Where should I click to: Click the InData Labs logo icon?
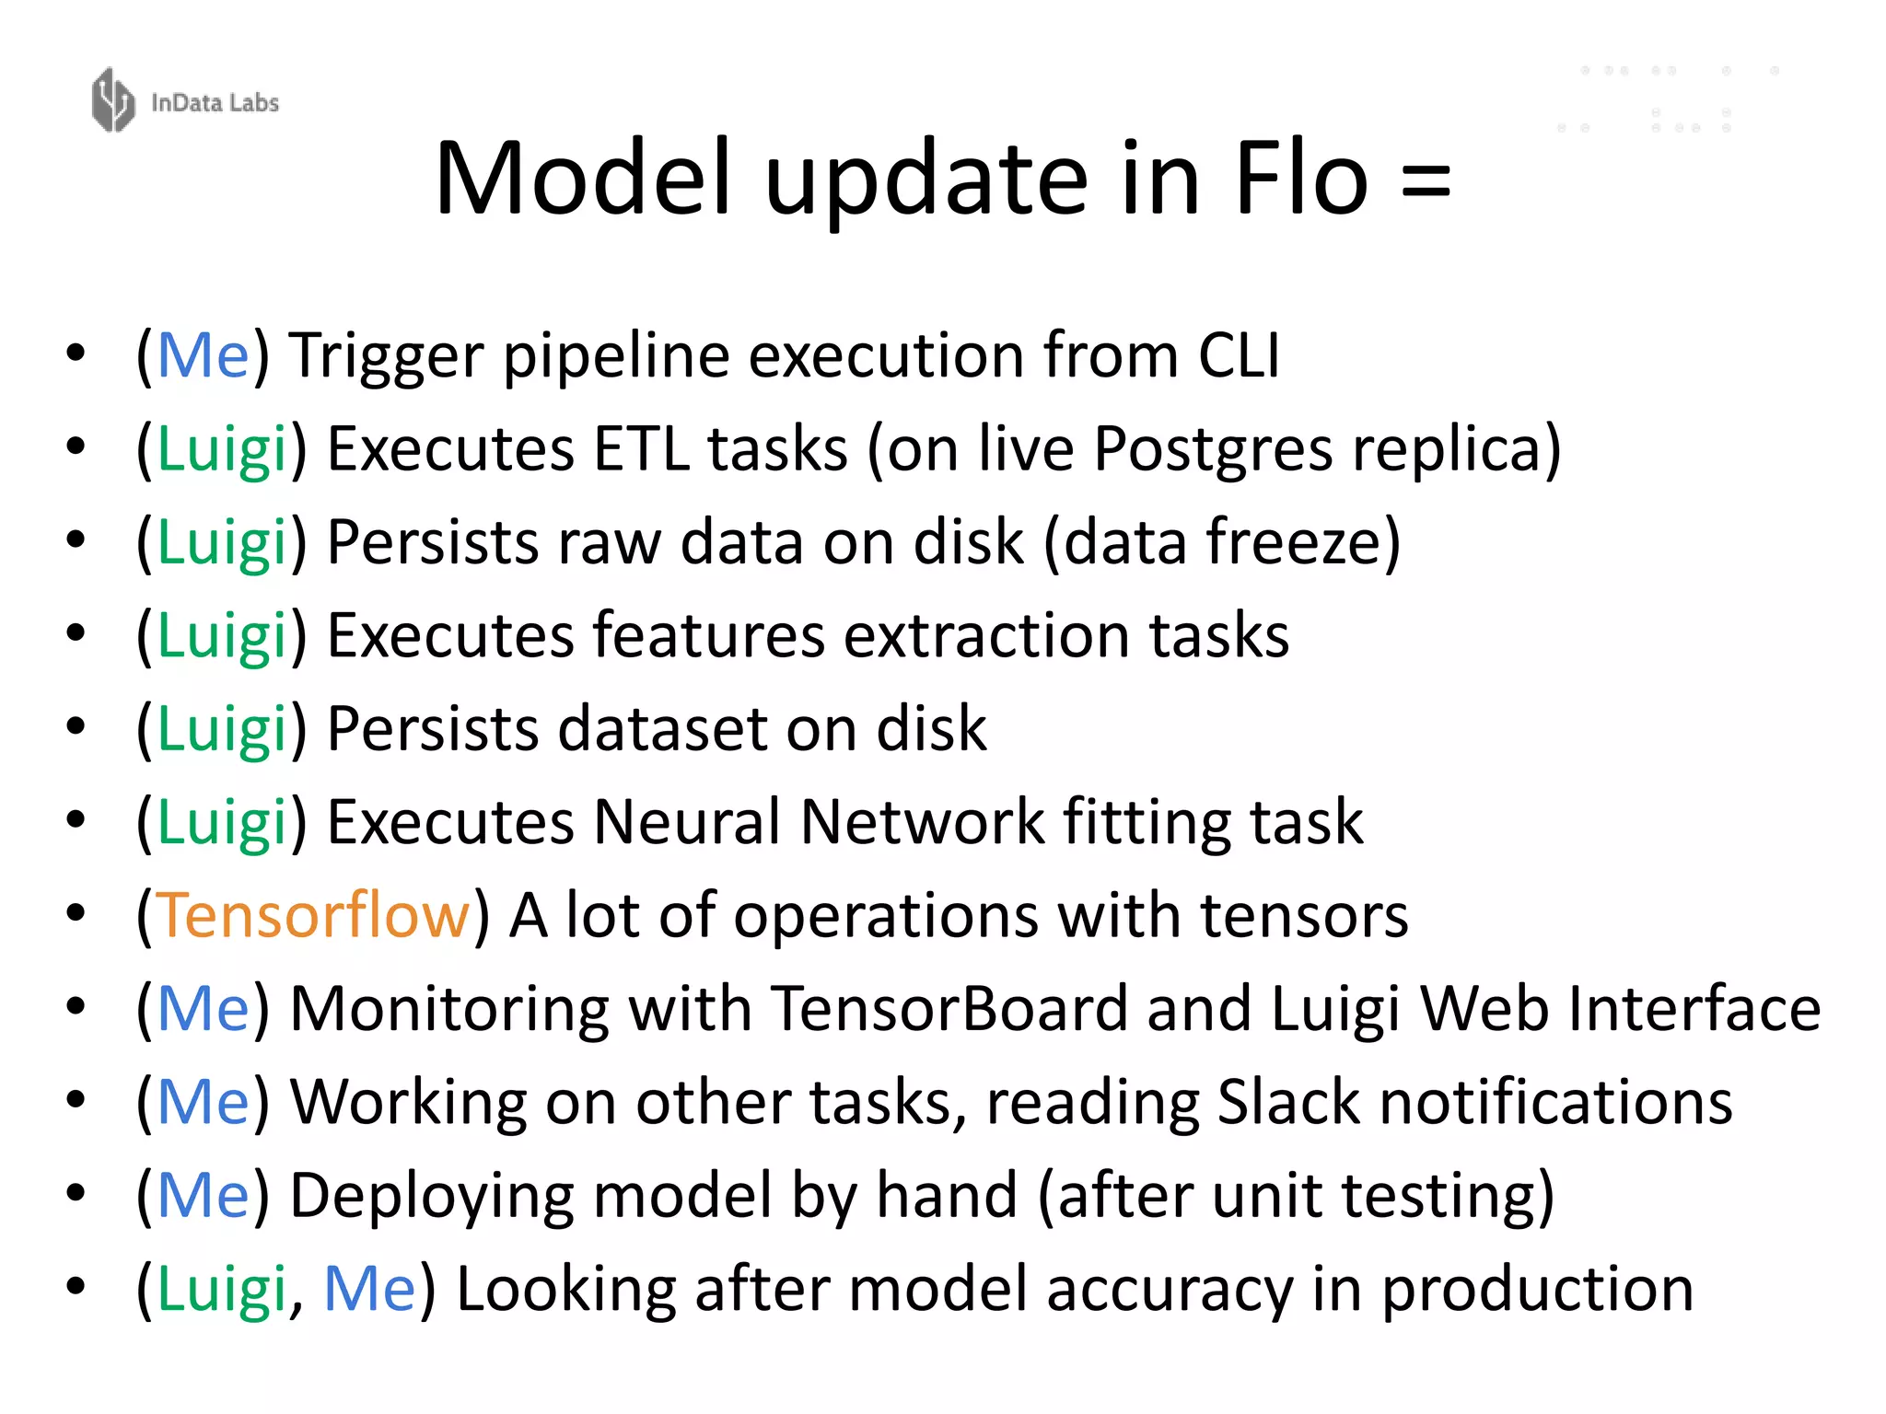(113, 100)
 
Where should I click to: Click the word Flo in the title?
(1301, 179)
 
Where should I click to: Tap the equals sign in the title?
(1425, 180)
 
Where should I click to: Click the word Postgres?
(1213, 450)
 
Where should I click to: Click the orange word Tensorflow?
(313, 916)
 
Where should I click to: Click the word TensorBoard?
(949, 1009)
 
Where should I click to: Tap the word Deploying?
(432, 1197)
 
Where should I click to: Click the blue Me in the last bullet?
(369, 1289)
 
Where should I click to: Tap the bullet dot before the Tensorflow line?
(76, 913)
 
